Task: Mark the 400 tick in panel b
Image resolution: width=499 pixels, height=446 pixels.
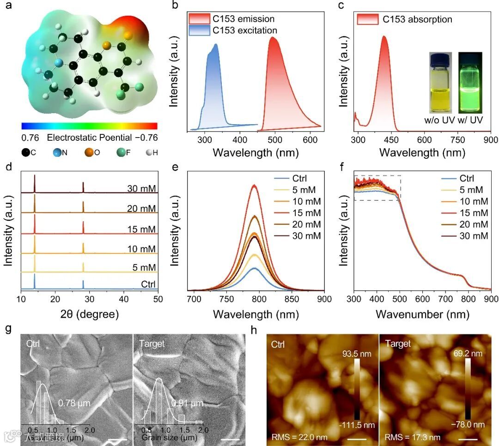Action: click(x=239, y=140)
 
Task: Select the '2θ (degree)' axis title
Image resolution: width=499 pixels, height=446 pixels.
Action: click(x=89, y=315)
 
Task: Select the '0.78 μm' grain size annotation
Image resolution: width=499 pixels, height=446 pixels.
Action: click(x=74, y=402)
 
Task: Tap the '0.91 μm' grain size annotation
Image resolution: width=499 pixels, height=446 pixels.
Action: click(x=187, y=404)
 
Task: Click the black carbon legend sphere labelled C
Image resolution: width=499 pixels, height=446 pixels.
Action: click(x=25, y=151)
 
